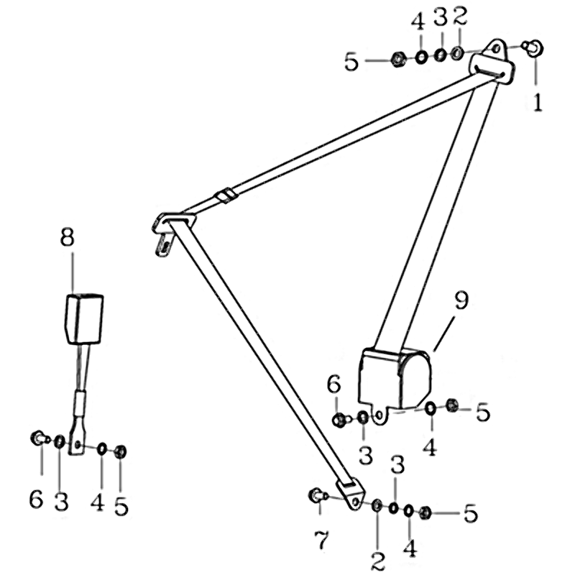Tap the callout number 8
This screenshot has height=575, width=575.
click(x=68, y=237)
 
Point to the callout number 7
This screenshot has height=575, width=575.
click(x=321, y=540)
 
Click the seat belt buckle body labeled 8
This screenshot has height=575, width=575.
click(x=84, y=318)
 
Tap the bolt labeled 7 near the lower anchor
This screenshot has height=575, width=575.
click(x=318, y=495)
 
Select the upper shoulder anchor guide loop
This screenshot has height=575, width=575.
click(x=492, y=63)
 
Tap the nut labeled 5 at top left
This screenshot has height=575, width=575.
click(x=398, y=60)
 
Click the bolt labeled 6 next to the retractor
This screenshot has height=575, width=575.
click(x=341, y=420)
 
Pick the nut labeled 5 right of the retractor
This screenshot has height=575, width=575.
click(x=451, y=405)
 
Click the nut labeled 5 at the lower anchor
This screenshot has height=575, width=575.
click(x=425, y=512)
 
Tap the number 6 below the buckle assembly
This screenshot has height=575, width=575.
click(x=37, y=499)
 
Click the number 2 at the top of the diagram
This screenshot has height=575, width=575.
click(x=459, y=17)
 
